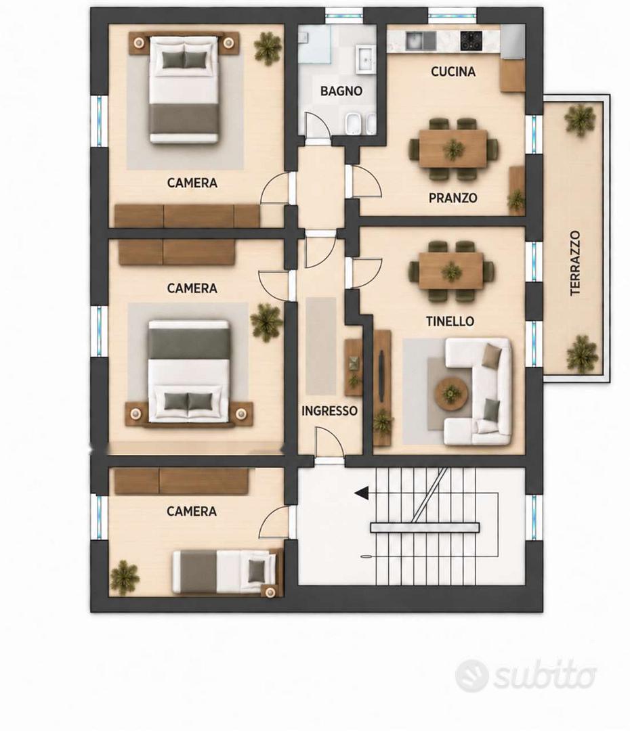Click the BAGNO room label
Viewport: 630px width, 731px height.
click(341, 91)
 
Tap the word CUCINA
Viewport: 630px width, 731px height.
click(453, 71)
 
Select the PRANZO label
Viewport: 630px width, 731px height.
click(453, 198)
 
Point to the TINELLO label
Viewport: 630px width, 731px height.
click(450, 321)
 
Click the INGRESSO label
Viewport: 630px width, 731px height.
click(329, 411)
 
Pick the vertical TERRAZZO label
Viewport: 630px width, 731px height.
click(575, 263)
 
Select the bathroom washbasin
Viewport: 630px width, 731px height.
click(365, 59)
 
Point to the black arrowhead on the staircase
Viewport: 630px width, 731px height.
click(361, 493)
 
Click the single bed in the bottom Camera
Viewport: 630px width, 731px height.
click(228, 571)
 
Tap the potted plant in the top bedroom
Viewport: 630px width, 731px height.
click(268, 48)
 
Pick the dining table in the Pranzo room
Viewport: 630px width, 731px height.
click(453, 149)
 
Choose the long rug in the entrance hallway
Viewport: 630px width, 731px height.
click(321, 346)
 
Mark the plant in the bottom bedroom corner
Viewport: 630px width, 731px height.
click(125, 577)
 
